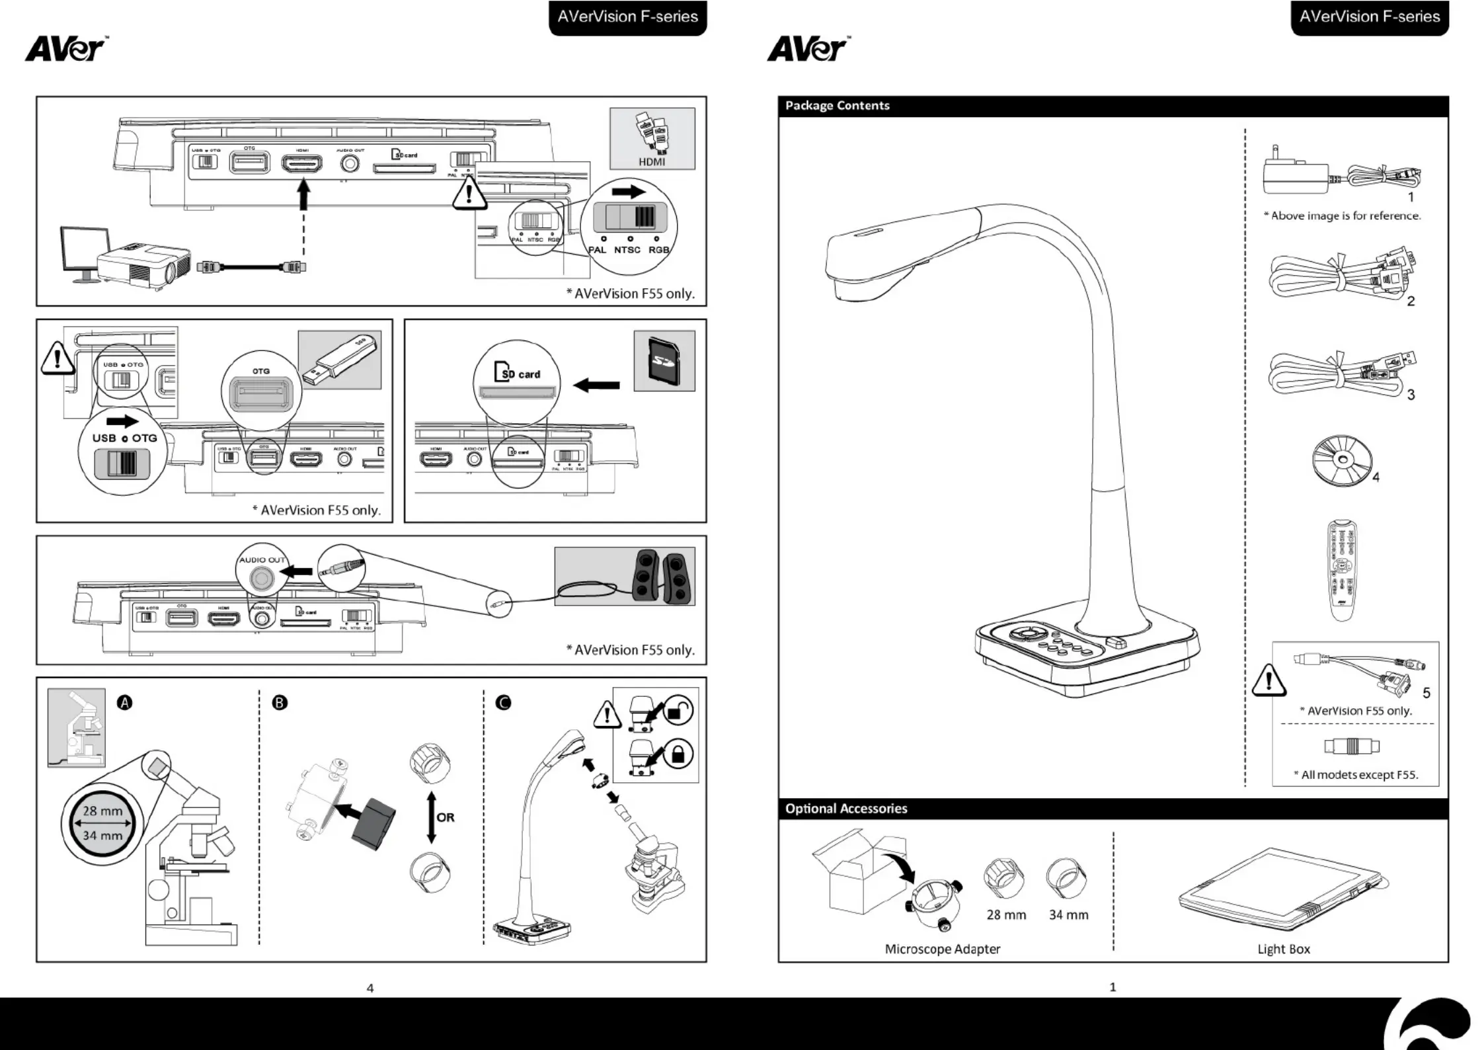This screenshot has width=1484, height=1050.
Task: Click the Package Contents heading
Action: [x=837, y=106]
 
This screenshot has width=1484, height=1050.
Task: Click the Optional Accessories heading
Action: [x=845, y=809]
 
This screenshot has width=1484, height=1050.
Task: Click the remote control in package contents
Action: [x=1342, y=570]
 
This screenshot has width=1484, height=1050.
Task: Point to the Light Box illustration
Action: [x=1282, y=889]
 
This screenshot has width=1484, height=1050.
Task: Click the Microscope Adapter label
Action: [x=942, y=949]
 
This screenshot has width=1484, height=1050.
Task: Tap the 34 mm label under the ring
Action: [x=1068, y=915]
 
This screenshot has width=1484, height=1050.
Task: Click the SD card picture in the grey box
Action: [x=664, y=361]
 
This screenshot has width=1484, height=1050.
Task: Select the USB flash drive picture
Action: [x=340, y=360]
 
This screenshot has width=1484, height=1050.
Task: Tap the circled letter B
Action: [x=280, y=702]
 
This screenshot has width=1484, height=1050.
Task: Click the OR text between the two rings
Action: [x=446, y=817]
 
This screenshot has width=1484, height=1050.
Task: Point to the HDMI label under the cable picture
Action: [x=652, y=162]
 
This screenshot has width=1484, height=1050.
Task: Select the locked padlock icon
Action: [x=678, y=754]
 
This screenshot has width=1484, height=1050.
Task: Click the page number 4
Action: [x=370, y=989]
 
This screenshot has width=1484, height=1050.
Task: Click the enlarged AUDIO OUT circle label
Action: [x=262, y=560]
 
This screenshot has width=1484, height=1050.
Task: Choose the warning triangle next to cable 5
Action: [x=1269, y=681]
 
